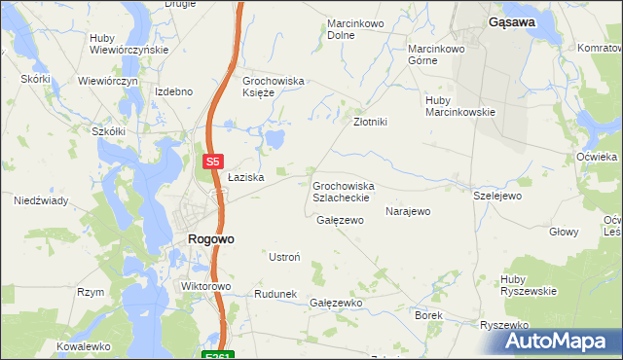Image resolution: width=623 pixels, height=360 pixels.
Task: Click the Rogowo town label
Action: pyautogui.click(x=209, y=238)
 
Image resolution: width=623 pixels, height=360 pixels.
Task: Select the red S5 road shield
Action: pyautogui.click(x=214, y=162)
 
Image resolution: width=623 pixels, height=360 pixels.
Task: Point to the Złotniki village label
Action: pyautogui.click(x=370, y=123)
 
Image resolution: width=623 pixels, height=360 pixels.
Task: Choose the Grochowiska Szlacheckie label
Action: pyautogui.click(x=343, y=191)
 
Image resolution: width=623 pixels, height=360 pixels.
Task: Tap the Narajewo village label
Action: pyautogui.click(x=408, y=211)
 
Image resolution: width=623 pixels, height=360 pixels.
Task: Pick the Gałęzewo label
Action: pyautogui.click(x=340, y=221)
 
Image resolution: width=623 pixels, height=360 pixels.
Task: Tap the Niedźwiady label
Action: pyautogui.click(x=40, y=201)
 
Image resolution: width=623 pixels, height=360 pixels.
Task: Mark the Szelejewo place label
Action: pyautogui.click(x=497, y=196)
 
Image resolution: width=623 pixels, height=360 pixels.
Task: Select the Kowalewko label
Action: pyautogui.click(x=84, y=346)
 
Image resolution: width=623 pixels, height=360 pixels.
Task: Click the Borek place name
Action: pyautogui.click(x=428, y=316)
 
